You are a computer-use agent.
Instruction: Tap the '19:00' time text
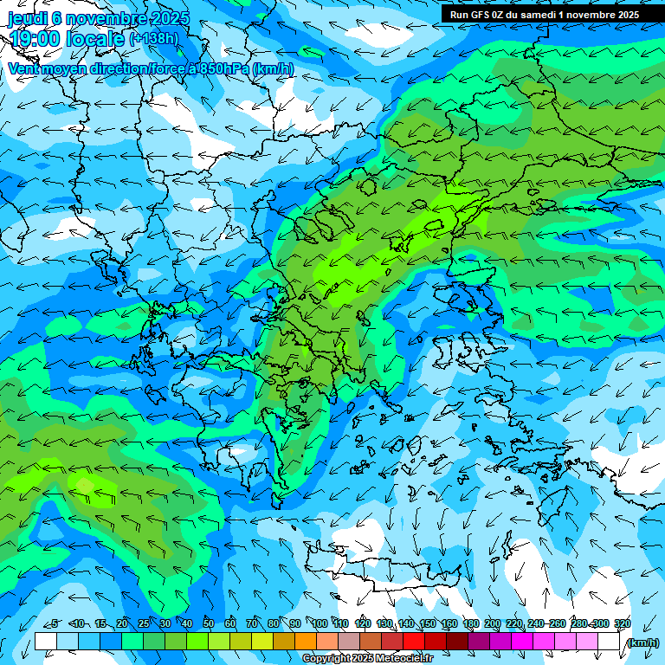pyautogui.click(x=34, y=39)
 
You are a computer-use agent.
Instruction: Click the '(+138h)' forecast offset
pyautogui.click(x=154, y=39)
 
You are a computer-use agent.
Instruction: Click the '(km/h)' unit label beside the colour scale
pyautogui.click(x=642, y=642)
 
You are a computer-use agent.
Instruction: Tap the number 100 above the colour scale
pyautogui.click(x=320, y=624)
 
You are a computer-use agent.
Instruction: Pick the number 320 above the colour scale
pyautogui.click(x=622, y=624)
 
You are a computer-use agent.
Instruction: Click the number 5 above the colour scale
pyautogui.click(x=55, y=624)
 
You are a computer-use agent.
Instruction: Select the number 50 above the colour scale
pyautogui.click(x=209, y=624)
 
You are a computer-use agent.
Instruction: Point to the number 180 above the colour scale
pyautogui.click(x=470, y=624)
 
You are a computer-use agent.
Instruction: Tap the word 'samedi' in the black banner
pyautogui.click(x=539, y=15)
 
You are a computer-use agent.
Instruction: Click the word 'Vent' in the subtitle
pyautogui.click(x=26, y=69)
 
